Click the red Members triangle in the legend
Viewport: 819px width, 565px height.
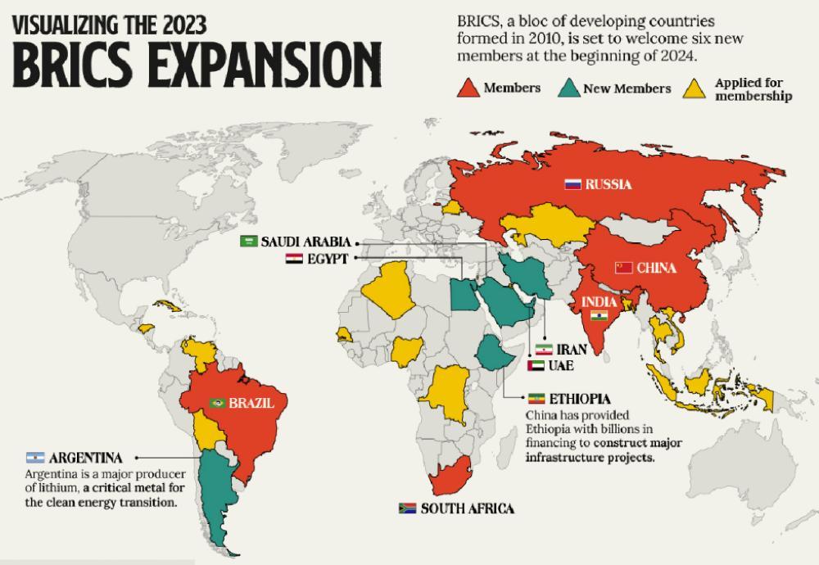pos(468,88)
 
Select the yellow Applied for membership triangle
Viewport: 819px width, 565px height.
pos(695,88)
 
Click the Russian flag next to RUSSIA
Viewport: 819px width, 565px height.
pos(572,185)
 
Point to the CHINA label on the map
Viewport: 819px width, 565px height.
pos(657,268)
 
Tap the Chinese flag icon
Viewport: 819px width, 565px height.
pos(623,268)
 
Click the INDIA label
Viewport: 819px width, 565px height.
pos(599,302)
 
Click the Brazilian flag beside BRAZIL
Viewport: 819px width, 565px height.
pos(218,403)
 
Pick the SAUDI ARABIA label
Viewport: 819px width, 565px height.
pos(306,242)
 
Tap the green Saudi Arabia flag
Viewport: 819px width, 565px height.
pos(249,242)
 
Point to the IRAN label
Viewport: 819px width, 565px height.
pos(571,350)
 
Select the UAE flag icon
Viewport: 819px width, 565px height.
pos(536,366)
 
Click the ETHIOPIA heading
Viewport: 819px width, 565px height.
pos(580,399)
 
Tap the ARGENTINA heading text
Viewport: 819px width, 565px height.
pos(86,457)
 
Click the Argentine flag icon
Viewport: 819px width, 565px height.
pos(35,457)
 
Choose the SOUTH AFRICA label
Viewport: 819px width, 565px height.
pos(468,508)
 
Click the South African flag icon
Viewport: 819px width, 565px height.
pos(407,508)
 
